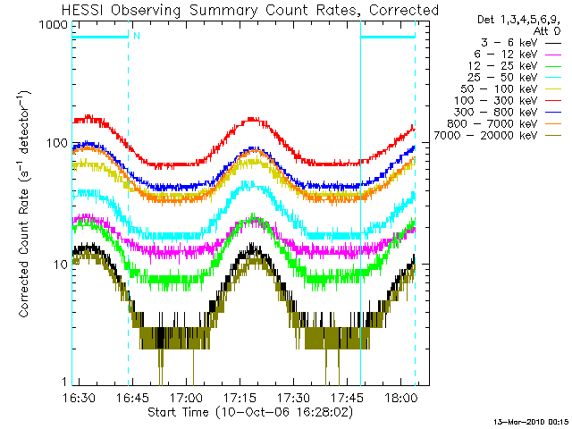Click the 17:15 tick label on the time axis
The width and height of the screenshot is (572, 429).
click(240, 397)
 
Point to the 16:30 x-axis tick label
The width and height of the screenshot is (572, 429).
click(79, 397)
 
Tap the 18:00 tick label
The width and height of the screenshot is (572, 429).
click(401, 397)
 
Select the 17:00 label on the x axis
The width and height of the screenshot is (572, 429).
click(187, 397)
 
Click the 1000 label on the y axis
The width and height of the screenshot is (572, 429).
click(54, 25)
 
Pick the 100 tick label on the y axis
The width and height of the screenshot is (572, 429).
click(57, 143)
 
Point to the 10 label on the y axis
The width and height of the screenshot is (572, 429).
click(61, 265)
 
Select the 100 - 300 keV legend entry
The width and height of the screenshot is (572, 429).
click(495, 101)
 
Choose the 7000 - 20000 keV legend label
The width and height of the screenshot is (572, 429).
click(485, 136)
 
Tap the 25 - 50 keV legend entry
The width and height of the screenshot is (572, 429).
click(502, 78)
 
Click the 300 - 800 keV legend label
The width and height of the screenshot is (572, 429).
click(495, 113)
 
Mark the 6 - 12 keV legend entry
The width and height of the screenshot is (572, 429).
click(506, 55)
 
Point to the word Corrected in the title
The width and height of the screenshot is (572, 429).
click(404, 10)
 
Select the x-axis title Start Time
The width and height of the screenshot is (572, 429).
click(178, 412)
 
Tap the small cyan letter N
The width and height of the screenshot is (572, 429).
click(137, 36)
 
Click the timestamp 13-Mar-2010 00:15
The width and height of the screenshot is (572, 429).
click(531, 423)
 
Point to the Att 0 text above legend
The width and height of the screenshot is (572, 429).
click(546, 31)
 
